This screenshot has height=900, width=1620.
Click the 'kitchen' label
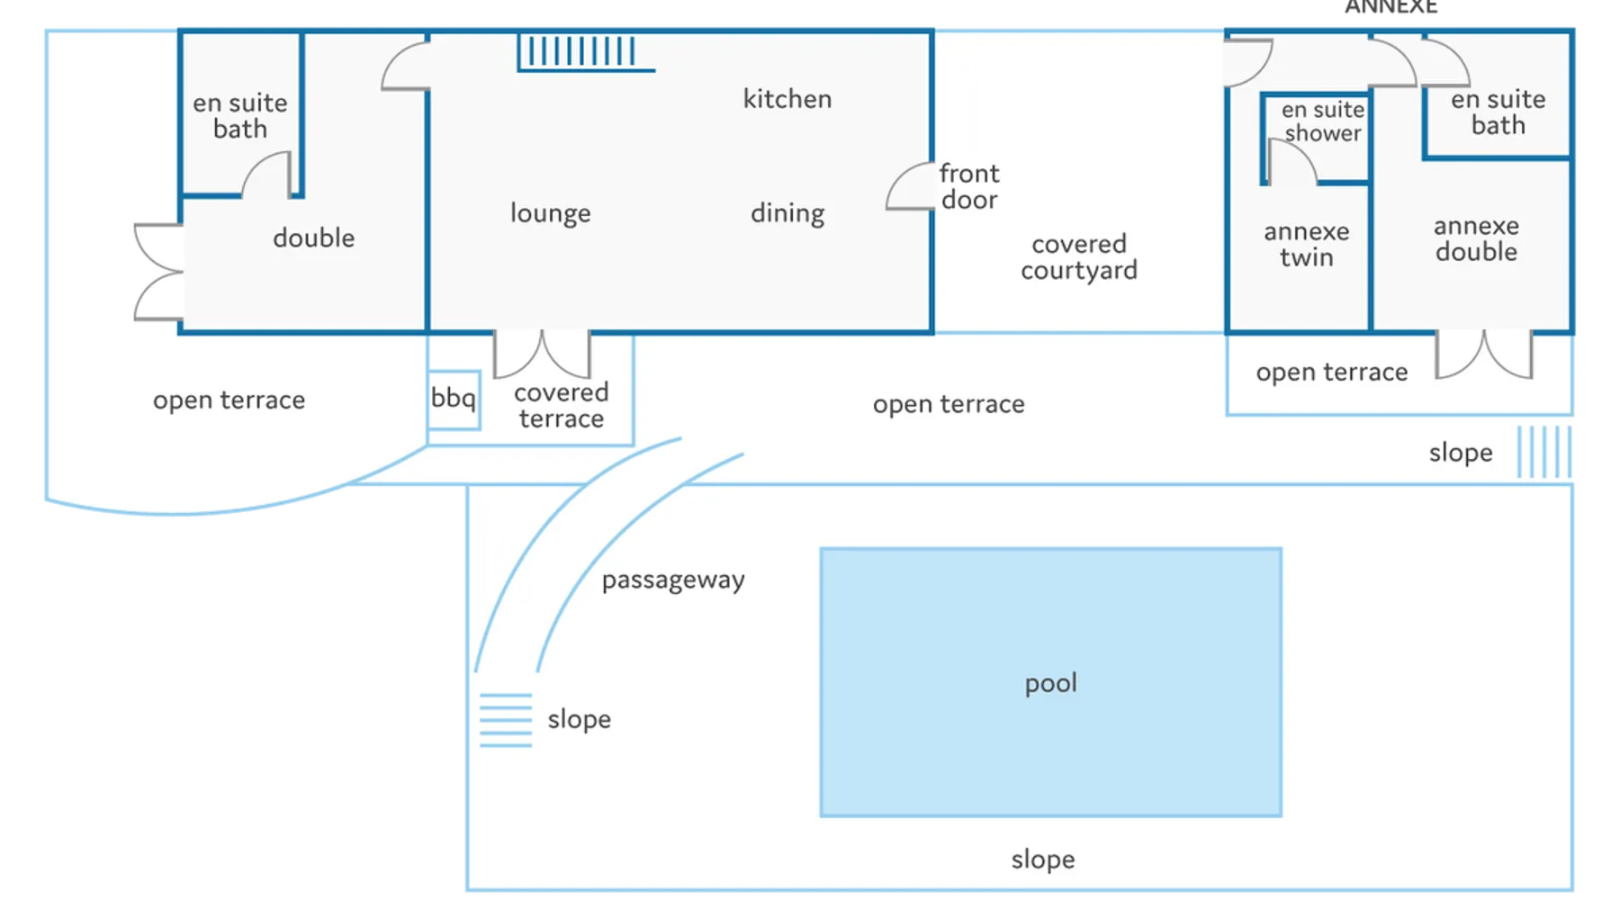click(787, 98)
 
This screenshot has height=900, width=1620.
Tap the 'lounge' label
click(551, 212)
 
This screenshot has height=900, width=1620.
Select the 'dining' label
click(787, 212)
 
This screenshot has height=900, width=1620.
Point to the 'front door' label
click(969, 185)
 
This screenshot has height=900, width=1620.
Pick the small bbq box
click(454, 400)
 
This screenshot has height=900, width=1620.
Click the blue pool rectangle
click(1050, 682)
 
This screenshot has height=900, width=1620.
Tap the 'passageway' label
click(673, 580)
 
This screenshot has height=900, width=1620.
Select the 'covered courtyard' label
click(1079, 256)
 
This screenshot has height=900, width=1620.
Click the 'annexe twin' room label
click(1307, 244)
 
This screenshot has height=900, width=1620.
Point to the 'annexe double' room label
click(1476, 238)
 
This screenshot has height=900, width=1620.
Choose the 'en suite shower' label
click(1323, 121)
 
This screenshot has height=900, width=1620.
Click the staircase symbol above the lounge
click(585, 52)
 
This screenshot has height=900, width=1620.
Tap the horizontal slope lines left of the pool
click(506, 720)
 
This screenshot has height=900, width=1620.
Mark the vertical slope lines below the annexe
click(1544, 452)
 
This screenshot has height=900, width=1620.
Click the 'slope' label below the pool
click(1043, 859)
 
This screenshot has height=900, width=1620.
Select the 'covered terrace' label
click(562, 405)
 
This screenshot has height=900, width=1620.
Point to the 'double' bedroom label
click(313, 238)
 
